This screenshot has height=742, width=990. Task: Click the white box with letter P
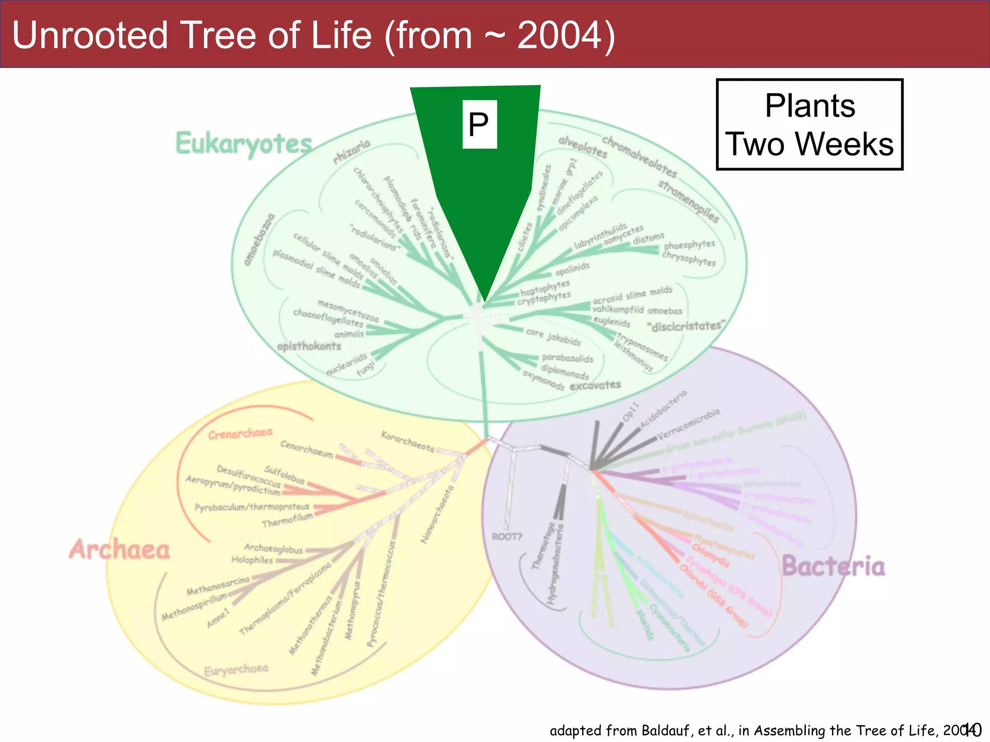479,124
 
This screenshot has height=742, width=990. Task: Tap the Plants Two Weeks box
809,125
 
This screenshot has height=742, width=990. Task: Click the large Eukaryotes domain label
244,143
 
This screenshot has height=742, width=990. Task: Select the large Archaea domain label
119,550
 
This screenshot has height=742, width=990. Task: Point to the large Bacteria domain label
833,566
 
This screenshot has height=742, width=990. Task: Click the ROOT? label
507,537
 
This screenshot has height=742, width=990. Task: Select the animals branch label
349,334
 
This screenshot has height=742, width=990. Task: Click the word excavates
595,385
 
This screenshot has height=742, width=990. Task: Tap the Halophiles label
252,560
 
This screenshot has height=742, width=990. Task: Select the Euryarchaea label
236,670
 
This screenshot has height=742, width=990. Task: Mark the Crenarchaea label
240,433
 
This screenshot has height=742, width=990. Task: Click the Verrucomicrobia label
688,424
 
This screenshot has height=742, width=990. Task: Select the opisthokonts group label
309,346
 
